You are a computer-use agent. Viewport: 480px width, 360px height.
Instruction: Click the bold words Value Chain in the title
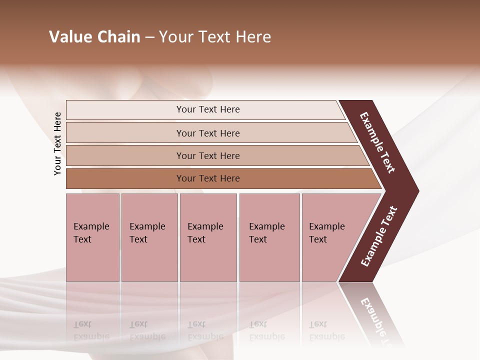click(94, 37)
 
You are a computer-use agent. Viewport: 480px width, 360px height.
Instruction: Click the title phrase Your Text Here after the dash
click(215, 37)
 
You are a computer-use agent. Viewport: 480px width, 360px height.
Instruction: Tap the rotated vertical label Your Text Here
click(57, 143)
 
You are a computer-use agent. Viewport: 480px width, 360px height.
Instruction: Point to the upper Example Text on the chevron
click(377, 142)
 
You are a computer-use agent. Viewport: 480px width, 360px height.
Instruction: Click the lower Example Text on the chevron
click(378, 236)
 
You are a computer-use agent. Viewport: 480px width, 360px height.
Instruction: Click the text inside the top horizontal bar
click(208, 109)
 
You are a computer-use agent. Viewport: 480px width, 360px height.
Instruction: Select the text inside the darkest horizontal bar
click(208, 178)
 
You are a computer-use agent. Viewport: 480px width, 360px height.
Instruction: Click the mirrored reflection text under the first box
click(91, 330)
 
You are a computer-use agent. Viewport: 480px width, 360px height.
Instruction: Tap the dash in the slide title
click(149, 37)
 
